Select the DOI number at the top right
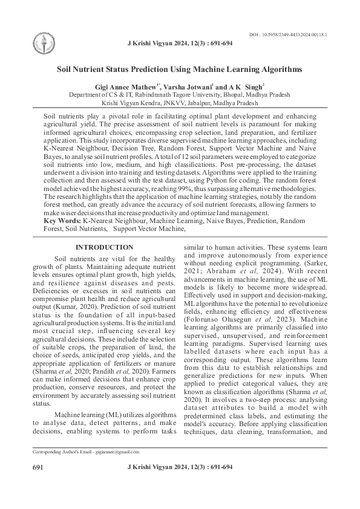click(288, 35)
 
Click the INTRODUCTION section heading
click(104, 247)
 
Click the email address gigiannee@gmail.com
click(117, 452)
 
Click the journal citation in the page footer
click(180, 468)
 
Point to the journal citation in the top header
click(180, 44)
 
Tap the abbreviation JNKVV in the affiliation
click(171, 103)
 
